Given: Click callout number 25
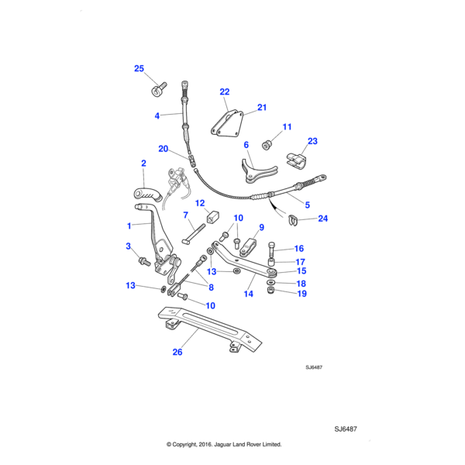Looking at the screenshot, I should click(139, 69).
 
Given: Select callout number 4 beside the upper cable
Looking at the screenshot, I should click(157, 115).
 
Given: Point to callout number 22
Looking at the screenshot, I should click(225, 91).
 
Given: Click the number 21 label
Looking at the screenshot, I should click(261, 107).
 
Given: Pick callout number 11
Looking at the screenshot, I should click(286, 126).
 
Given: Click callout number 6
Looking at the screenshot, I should click(246, 145).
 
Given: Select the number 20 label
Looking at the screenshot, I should click(163, 148).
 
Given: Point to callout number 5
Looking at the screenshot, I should click(306, 205).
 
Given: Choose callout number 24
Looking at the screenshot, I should click(322, 219).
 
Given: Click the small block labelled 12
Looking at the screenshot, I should click(212, 216).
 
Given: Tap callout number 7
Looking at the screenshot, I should click(185, 215).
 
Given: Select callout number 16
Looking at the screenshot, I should click(298, 249).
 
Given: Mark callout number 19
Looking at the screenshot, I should click(301, 294).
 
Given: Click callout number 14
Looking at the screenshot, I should click(249, 294).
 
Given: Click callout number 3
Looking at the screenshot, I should click(129, 246).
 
